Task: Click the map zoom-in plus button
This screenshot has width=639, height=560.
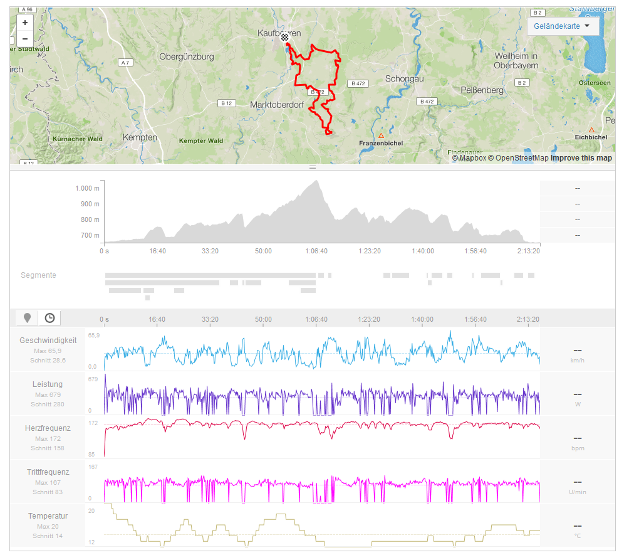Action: pos(25,23)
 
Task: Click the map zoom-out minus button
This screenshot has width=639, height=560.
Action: pos(25,39)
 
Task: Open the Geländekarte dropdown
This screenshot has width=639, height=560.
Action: pos(563,26)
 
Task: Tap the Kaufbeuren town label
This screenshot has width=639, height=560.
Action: pos(279,33)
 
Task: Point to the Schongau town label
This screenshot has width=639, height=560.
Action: pos(404,78)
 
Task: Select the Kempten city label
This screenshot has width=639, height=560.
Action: pos(140,137)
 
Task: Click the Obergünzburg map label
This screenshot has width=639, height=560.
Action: pos(187,56)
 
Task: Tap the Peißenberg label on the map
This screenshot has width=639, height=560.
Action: pos(482,90)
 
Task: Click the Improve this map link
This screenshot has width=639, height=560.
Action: pos(581,158)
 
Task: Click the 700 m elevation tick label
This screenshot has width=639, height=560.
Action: pos(89,235)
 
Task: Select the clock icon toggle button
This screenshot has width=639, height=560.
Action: pos(49,318)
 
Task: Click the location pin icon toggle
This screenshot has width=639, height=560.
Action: pos(27,318)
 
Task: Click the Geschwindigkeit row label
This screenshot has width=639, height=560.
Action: pos(48,340)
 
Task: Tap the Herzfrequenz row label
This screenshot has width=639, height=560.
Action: pos(48,428)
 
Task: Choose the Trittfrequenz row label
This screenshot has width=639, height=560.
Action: pos(48,472)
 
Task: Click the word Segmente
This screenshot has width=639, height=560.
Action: pos(38,275)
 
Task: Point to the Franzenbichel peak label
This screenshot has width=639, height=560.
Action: pos(380,143)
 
